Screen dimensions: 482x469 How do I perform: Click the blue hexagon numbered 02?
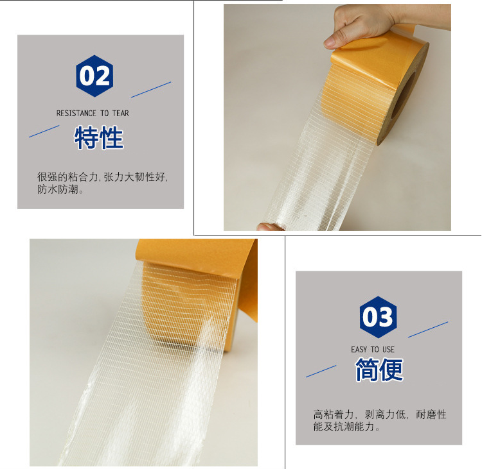click(x=94, y=76)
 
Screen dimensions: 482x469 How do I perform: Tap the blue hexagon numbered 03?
click(x=378, y=317)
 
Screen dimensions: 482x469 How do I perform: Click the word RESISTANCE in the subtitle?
click(x=76, y=114)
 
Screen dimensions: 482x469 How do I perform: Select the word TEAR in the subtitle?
click(x=121, y=114)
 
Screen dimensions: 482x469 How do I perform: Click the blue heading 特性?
click(x=99, y=137)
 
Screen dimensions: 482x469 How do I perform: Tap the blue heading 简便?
click(x=379, y=370)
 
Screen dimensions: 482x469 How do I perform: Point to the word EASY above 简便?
click(x=359, y=350)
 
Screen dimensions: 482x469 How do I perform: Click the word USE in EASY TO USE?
click(x=388, y=350)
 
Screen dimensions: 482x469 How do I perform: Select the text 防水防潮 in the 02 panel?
click(x=57, y=189)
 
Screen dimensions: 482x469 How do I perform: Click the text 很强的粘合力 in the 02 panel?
click(x=67, y=177)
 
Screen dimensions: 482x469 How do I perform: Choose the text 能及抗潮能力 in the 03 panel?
click(x=344, y=427)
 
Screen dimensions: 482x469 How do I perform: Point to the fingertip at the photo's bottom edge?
click(x=267, y=227)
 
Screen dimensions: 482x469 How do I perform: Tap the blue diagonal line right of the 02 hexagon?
click(x=151, y=90)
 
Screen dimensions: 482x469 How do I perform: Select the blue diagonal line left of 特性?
click(x=44, y=131)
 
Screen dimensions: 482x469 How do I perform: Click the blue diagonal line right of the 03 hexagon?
click(x=428, y=329)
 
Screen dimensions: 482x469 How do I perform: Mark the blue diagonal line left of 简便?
click(x=321, y=371)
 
